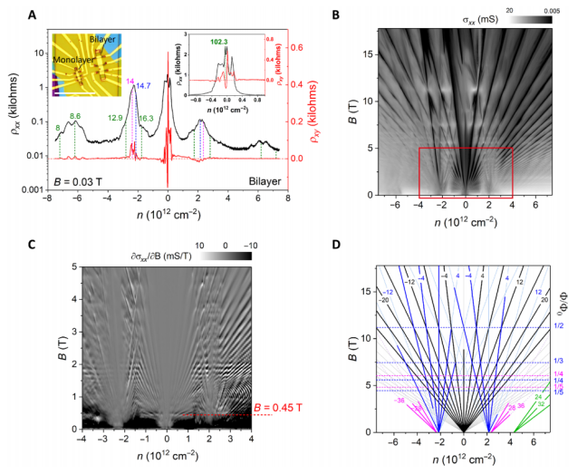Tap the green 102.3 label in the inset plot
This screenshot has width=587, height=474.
[x=220, y=41]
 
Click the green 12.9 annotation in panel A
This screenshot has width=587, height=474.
[x=115, y=118]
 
